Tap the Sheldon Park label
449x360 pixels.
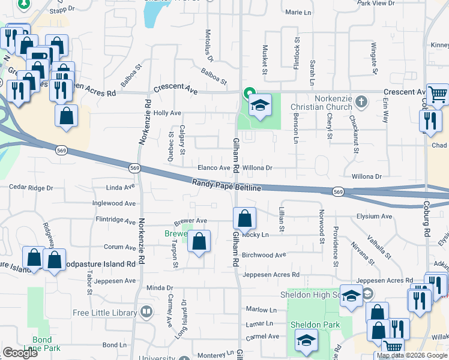tap(315, 325)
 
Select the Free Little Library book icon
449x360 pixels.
tap(146, 311)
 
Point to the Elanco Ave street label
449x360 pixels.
tap(215, 168)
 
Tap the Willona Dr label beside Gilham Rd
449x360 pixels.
tap(257, 168)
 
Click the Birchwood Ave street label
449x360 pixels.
tap(264, 254)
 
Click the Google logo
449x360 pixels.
tap(20, 353)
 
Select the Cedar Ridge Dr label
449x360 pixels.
tap(31, 188)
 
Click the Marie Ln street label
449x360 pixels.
tap(301, 12)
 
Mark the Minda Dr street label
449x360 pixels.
tap(160, 288)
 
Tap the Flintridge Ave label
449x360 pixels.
tap(116, 220)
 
